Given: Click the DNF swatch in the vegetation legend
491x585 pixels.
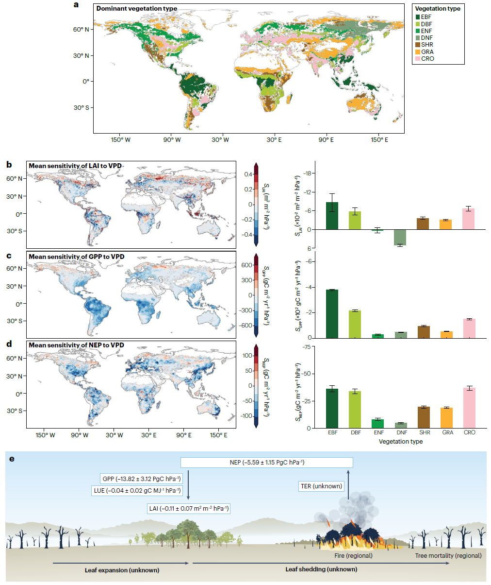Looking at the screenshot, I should (x=418, y=38).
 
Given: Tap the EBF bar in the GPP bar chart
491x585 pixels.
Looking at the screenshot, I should (x=332, y=314).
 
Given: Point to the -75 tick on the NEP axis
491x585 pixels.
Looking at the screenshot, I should (x=307, y=346).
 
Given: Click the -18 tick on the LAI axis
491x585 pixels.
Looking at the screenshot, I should (x=308, y=174).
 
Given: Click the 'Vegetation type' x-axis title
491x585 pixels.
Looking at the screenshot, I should (x=400, y=442).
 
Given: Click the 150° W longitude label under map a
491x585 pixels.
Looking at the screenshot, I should (x=120, y=139).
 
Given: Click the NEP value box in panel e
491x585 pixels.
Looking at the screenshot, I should (x=266, y=462).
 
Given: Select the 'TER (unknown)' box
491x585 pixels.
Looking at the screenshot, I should (x=321, y=486).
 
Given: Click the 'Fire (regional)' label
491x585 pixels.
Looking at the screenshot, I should (x=354, y=555).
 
